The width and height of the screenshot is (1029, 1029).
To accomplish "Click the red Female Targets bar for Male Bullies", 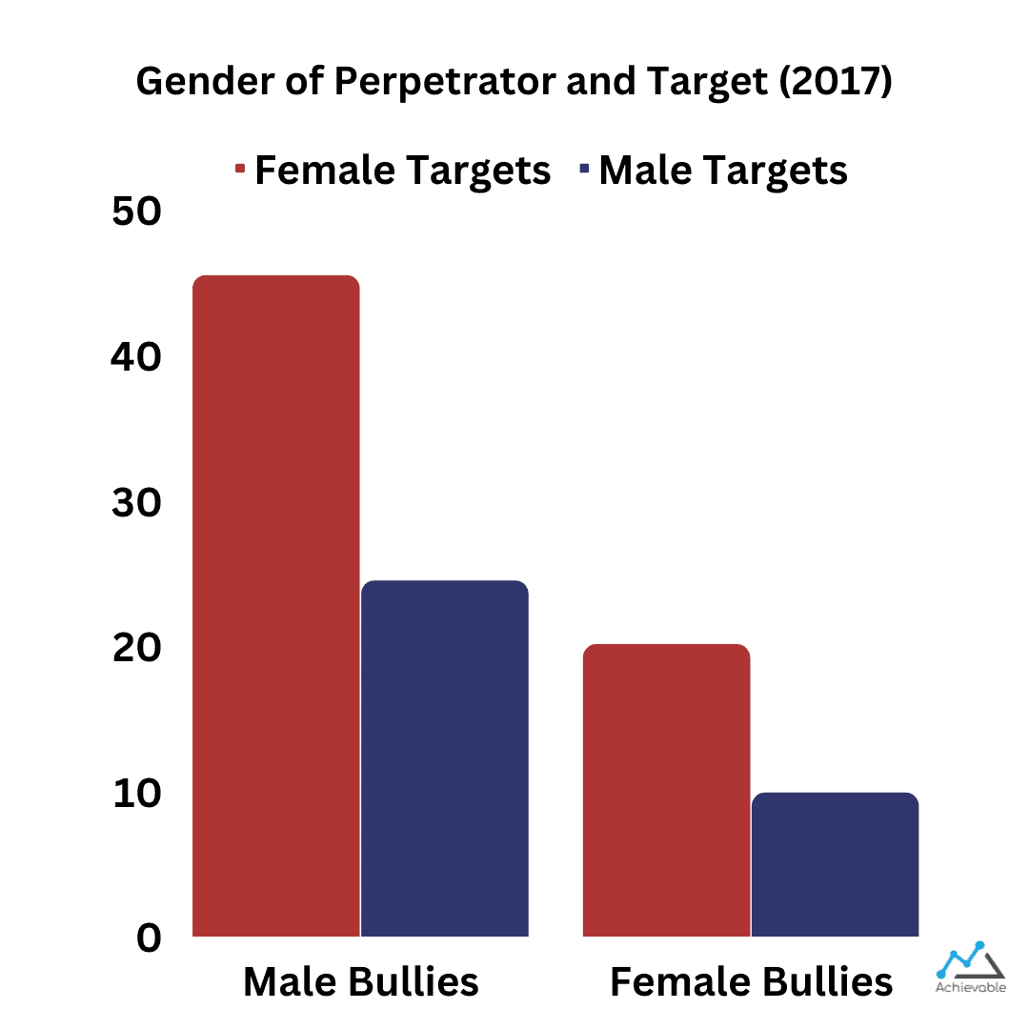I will tap(276, 606).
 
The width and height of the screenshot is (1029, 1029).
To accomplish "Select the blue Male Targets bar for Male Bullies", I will tap(445, 758).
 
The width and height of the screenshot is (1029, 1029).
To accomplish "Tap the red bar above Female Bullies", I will tap(666, 791).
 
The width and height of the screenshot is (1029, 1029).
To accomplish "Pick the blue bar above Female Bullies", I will tap(835, 864).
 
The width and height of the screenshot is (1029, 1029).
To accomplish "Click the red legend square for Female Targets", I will tap(240, 171).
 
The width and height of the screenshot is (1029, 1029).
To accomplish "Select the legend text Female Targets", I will tap(403, 171).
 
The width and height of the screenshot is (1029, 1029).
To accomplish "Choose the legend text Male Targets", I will tap(723, 171).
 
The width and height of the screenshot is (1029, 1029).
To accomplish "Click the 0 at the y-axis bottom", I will tap(150, 938).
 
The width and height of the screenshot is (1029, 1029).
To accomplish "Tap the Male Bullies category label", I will tap(361, 982).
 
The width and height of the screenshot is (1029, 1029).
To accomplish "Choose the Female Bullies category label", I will tap(751, 982).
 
